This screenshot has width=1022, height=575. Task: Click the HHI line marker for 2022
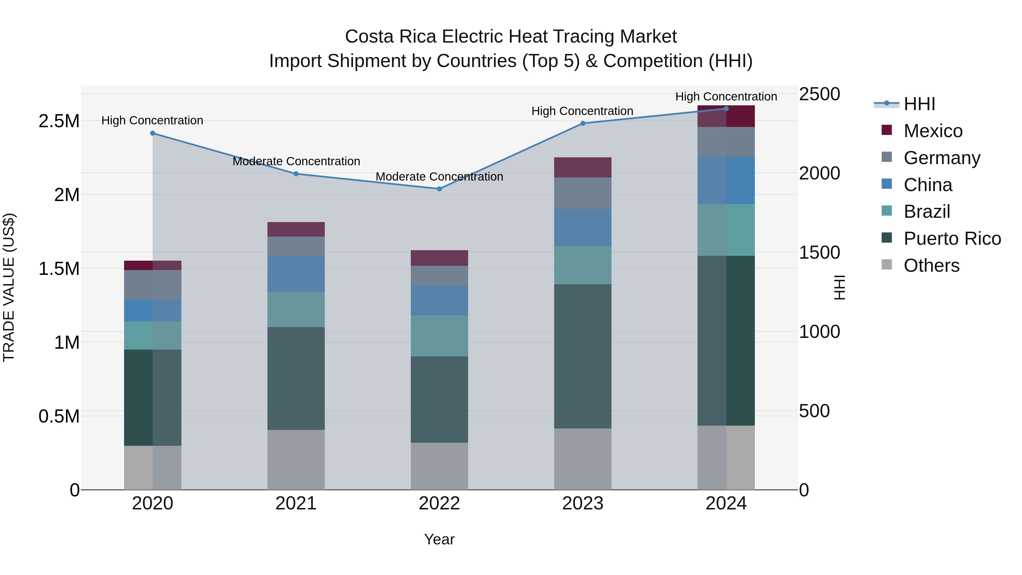pos(439,189)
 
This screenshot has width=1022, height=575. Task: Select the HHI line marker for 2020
pos(153,133)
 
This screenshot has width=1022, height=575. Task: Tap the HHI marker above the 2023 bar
pos(583,124)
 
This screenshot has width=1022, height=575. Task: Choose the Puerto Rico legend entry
pos(952,239)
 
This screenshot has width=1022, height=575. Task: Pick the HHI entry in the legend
pos(919,104)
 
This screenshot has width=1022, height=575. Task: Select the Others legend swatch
pos(886,265)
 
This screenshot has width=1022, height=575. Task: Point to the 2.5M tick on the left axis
pos(59,121)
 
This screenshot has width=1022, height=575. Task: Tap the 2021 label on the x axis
pos(296,503)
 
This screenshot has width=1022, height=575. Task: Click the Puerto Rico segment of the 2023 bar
pos(583,356)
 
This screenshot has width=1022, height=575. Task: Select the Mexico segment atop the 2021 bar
pos(296,229)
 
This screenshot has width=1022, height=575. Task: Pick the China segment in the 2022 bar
pos(439,300)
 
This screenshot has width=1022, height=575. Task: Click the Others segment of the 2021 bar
pos(296,459)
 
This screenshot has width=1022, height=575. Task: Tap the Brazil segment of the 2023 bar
pos(583,265)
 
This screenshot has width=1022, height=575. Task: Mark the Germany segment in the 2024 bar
pos(726,142)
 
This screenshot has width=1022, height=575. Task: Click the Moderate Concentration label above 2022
pos(439,177)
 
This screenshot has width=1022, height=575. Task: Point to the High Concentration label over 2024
pos(726,97)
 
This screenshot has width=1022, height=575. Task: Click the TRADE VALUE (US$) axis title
pos(9,287)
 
